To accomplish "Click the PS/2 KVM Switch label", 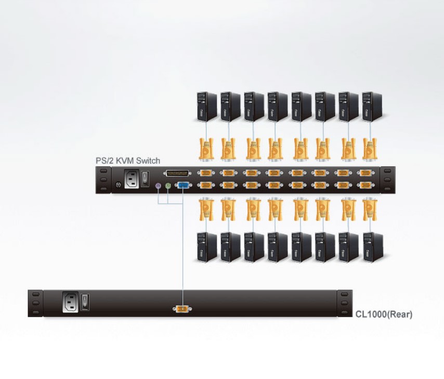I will click(x=128, y=161).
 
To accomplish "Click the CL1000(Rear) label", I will click(x=384, y=314).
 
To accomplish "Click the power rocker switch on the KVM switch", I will click(x=147, y=177).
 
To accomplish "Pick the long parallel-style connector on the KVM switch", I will click(x=177, y=174).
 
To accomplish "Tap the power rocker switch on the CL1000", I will click(x=86, y=301).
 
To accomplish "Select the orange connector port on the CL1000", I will click(x=181, y=310).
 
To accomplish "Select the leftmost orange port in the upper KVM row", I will click(x=206, y=174).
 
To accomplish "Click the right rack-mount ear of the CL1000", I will click(x=344, y=303).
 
